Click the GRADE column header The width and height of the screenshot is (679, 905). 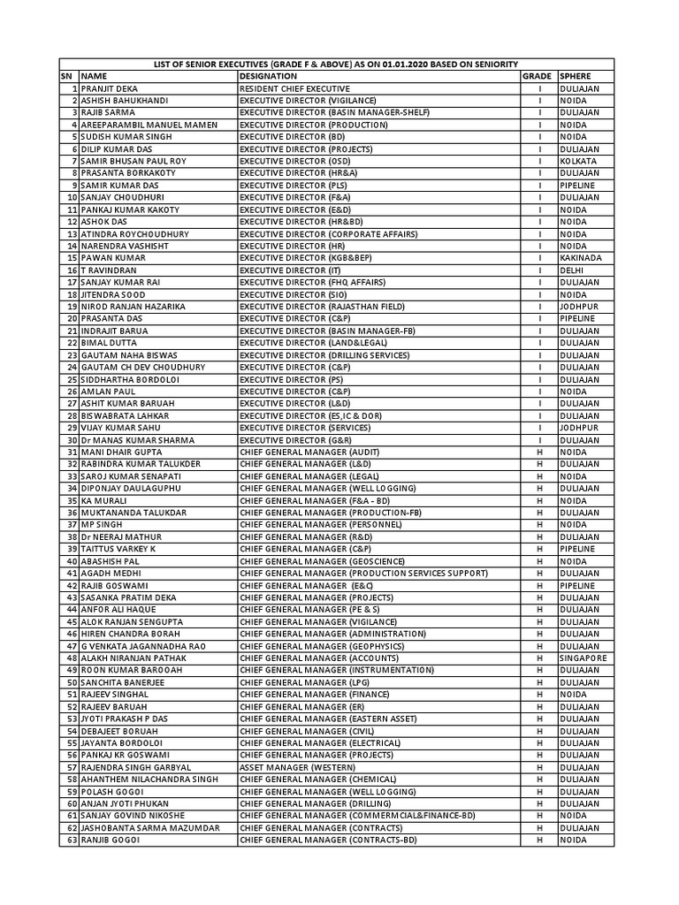[538, 77]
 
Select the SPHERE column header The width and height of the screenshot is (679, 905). [576, 77]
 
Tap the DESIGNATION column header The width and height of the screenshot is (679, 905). [268, 77]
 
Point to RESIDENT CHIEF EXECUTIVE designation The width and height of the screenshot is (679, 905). [294, 89]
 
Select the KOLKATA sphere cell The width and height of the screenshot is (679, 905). [578, 162]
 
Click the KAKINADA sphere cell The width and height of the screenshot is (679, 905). [581, 257]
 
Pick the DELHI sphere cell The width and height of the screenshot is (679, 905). [572, 270]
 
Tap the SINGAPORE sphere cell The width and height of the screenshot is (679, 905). [584, 658]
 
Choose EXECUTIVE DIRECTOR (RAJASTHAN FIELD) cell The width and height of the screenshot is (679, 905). [322, 306]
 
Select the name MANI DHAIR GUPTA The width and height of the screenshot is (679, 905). [122, 452]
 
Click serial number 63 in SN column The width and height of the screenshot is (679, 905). [72, 840]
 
